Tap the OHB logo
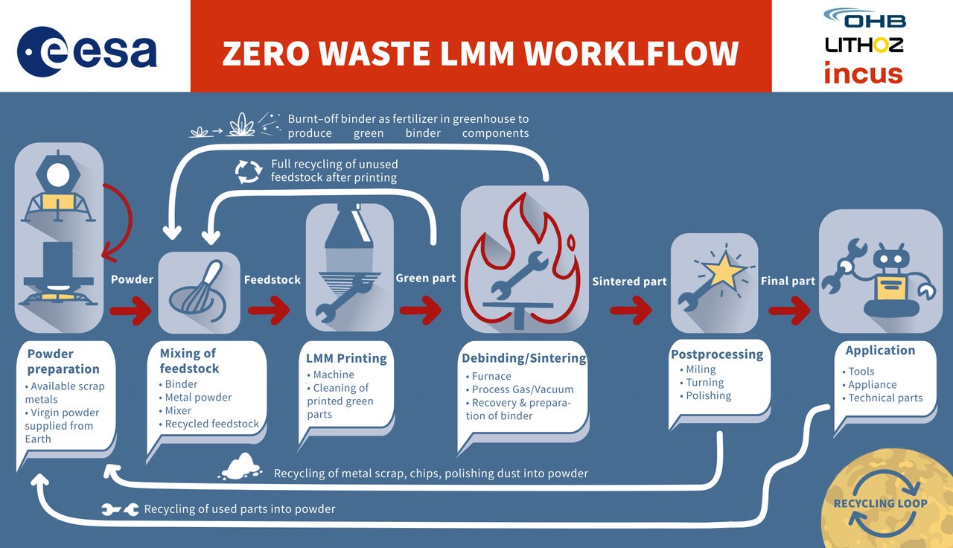tap(864, 18)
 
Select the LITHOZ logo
tap(864, 45)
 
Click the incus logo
tap(863, 74)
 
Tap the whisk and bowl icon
tap(200, 291)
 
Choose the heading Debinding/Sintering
tap(524, 358)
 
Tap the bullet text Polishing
tap(708, 395)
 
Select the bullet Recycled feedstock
tap(212, 424)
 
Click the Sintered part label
tap(630, 281)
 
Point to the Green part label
tap(426, 278)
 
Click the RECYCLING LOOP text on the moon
tap(880, 503)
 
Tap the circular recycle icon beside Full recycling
tap(249, 171)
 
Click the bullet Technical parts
tap(885, 398)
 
